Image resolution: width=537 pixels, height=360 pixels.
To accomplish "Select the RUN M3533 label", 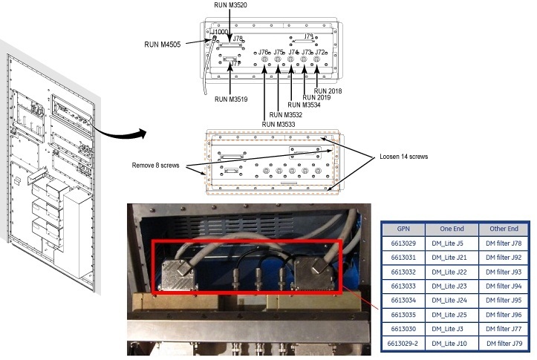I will coord(278,125).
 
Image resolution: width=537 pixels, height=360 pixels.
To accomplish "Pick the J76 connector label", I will coord(262,53).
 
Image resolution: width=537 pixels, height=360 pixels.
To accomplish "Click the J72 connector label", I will coord(321,53).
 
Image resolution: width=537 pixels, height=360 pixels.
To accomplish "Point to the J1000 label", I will coord(223,33).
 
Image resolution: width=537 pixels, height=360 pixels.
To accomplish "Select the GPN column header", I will coord(403,229).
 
